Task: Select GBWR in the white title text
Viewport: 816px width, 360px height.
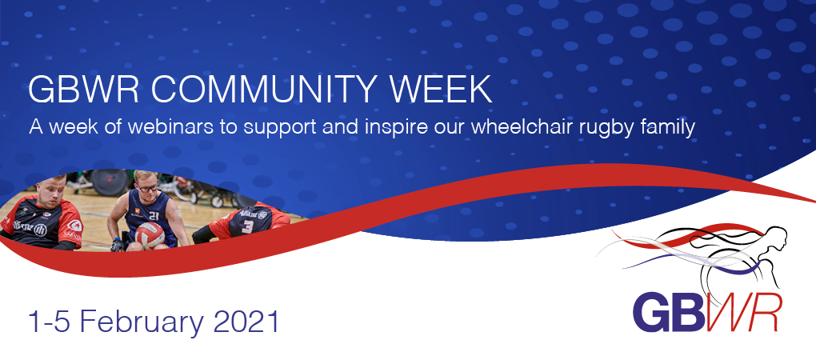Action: coord(83,90)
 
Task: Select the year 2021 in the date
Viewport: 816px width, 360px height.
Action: coord(246,322)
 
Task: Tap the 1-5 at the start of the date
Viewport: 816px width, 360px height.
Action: coord(48,322)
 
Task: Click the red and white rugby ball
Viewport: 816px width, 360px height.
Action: coord(150,235)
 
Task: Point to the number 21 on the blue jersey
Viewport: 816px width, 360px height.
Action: coord(154,215)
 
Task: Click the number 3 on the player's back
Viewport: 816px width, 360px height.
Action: coord(247,226)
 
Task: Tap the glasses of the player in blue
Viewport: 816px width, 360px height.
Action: coord(147,186)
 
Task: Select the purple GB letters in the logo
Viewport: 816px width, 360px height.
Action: coord(666,312)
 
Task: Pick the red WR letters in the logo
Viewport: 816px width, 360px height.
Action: coord(741,312)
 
